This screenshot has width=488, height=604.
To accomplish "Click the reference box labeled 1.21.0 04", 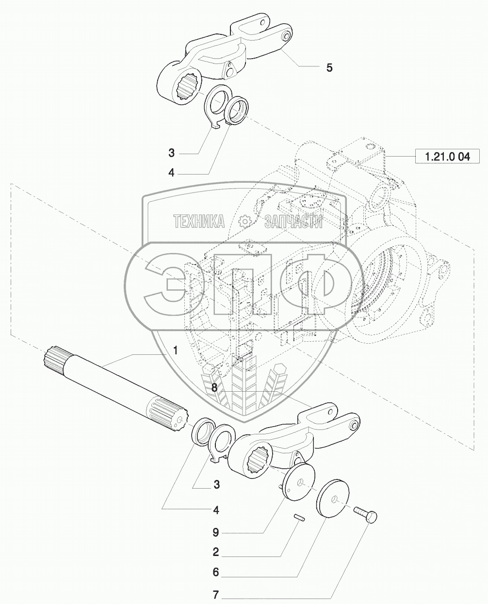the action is tap(447, 157).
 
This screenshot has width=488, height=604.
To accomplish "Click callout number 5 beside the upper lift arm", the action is tap(329, 68).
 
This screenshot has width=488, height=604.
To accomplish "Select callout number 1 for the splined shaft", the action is tap(176, 351).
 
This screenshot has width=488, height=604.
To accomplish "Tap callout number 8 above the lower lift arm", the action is tap(214, 388).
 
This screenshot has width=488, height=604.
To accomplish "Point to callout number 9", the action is tap(216, 533).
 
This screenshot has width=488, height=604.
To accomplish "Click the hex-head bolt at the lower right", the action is tap(365, 514).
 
